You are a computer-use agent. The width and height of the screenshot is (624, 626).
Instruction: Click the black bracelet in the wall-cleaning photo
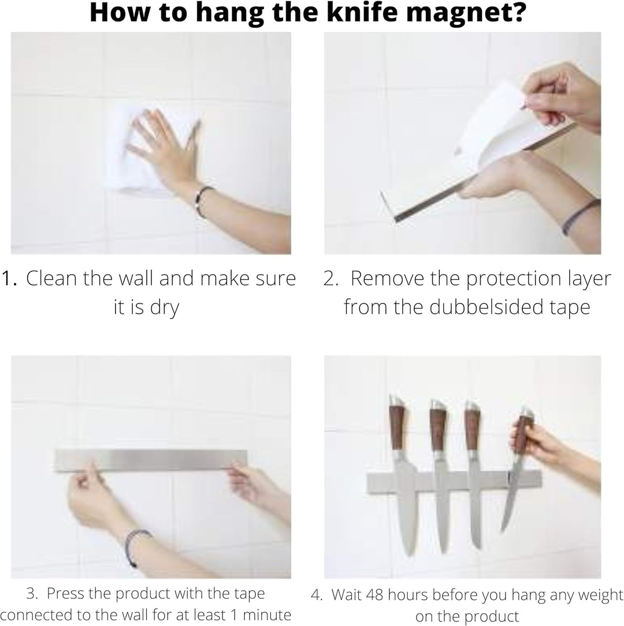(x=203, y=201)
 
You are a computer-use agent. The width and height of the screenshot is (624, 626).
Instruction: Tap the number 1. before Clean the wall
(x=9, y=278)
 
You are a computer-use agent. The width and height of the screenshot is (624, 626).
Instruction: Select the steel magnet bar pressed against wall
(x=151, y=460)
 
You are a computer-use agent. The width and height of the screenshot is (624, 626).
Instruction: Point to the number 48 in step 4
(x=374, y=595)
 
